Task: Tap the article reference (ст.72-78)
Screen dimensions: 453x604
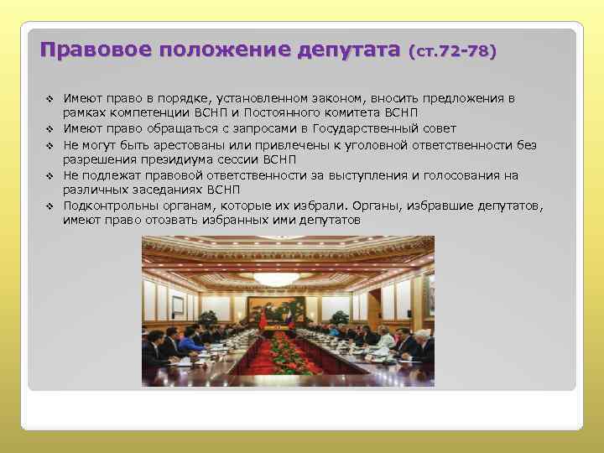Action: click(x=453, y=51)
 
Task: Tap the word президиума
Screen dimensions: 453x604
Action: click(x=166, y=159)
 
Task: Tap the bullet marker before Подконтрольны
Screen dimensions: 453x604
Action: click(x=50, y=206)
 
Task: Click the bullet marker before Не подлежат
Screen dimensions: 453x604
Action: click(x=50, y=175)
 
